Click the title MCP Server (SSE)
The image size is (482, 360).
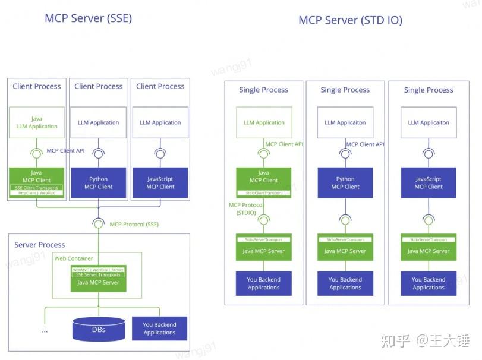click(88, 18)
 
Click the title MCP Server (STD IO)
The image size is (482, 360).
click(350, 20)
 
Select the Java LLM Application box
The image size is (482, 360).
click(37, 122)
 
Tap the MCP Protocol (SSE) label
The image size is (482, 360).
click(134, 224)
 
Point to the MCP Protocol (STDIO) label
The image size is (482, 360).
click(246, 209)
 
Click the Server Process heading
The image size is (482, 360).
click(40, 245)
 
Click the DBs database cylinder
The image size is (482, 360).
click(99, 329)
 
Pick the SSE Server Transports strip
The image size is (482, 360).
click(97, 274)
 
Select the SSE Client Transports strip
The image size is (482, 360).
click(37, 188)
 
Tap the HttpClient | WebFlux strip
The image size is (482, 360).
click(37, 193)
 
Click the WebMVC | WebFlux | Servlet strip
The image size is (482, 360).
click(97, 269)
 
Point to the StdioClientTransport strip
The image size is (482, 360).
click(264, 193)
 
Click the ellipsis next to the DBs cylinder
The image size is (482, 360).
click(45, 330)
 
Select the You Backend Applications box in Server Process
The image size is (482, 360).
click(159, 329)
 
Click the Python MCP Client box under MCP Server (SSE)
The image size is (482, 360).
click(99, 182)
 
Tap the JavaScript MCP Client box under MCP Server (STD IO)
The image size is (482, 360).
click(429, 182)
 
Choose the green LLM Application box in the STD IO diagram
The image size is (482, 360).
click(264, 122)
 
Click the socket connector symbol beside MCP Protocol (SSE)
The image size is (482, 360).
click(99, 223)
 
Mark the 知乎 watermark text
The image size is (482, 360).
click(395, 341)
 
